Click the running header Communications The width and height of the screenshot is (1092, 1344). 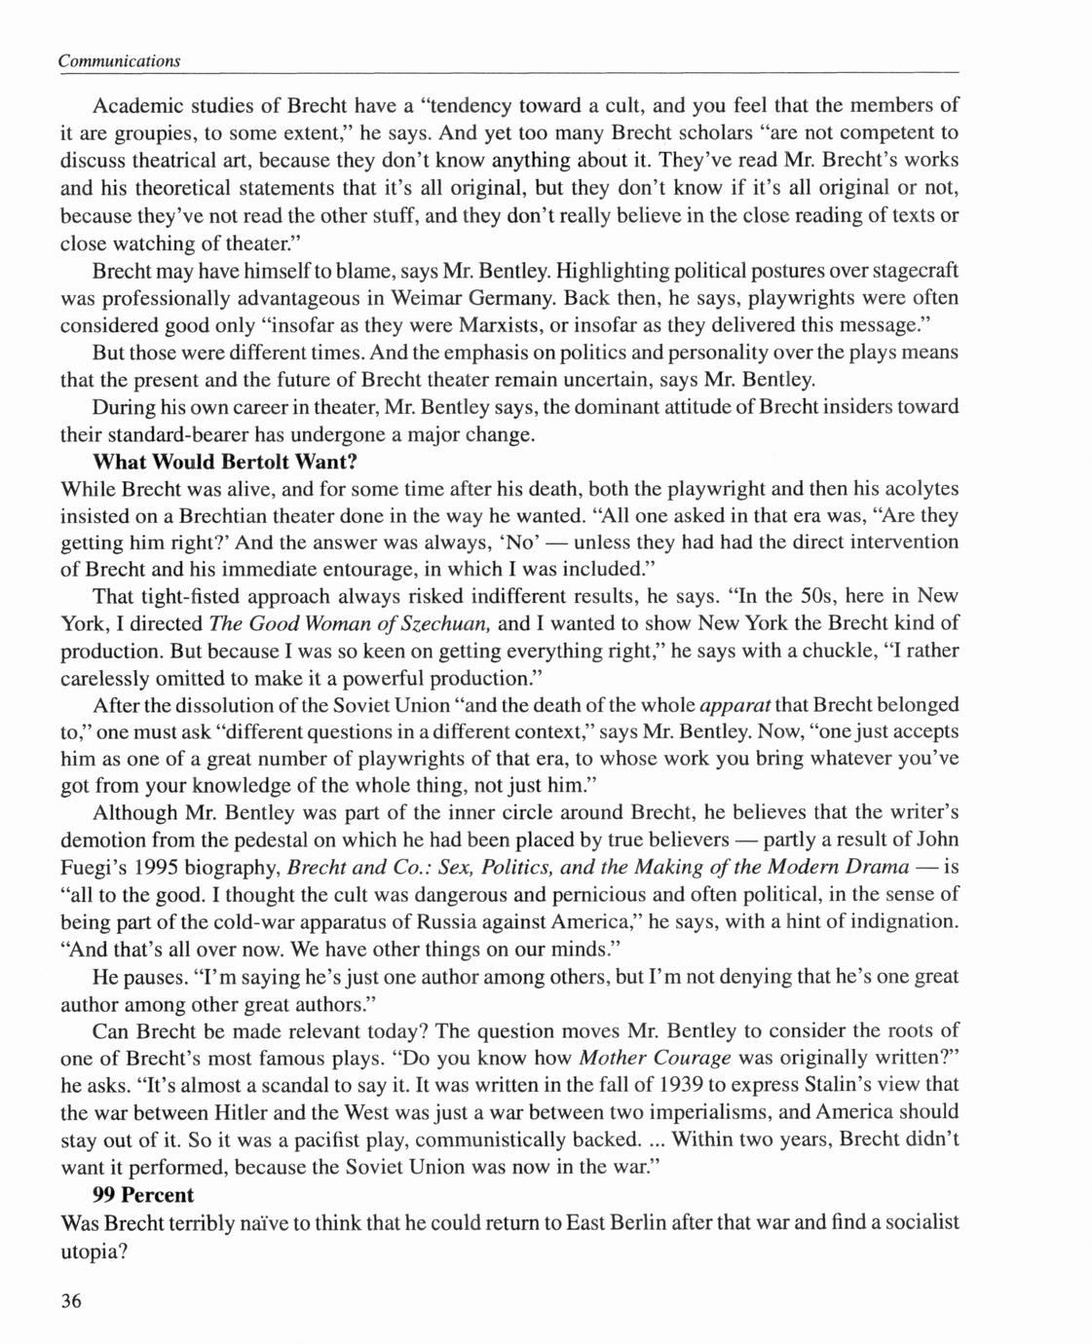click(119, 60)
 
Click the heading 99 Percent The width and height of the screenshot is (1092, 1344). click(143, 1195)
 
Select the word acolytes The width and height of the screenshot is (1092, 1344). click(912, 488)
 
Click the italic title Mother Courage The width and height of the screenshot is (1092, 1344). click(655, 1058)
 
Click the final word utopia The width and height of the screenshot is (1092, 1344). click(94, 1251)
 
